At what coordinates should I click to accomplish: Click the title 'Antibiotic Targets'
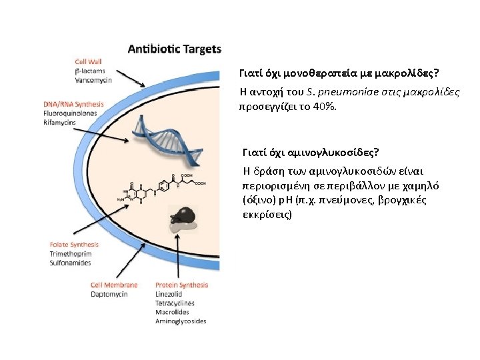174,49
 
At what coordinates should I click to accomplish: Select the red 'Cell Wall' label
88,61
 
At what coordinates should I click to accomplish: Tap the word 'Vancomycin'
93,80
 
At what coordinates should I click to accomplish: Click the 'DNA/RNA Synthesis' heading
73,104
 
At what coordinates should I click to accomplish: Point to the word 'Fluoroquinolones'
70,113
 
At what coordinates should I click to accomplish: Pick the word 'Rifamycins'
60,123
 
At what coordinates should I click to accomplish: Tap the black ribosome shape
182,215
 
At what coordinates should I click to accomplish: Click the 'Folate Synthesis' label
74,245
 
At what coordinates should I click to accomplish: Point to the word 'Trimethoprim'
70,254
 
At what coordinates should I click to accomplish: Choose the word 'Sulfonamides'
70,263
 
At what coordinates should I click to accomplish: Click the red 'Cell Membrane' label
114,285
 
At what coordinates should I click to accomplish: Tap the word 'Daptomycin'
109,294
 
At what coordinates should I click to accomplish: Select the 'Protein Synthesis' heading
181,285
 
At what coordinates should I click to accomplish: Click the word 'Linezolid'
169,294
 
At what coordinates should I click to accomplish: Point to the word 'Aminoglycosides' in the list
180,321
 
